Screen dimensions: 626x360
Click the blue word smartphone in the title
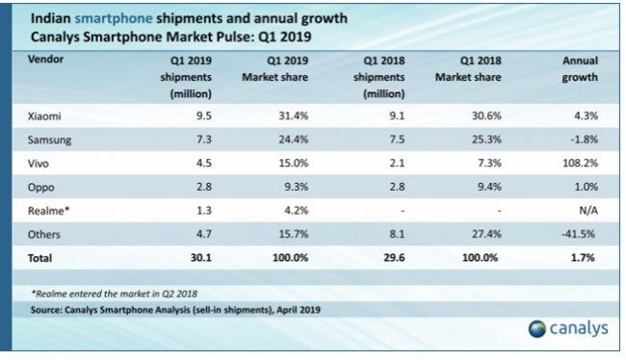(114, 18)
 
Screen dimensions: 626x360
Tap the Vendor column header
(45, 60)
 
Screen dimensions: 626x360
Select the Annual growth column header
(580, 68)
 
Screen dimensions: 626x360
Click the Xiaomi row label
(44, 116)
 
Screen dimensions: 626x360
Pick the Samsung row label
(49, 141)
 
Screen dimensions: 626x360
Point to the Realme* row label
(48, 211)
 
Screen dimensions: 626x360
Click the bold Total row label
(39, 258)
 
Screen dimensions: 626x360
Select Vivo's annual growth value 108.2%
(580, 164)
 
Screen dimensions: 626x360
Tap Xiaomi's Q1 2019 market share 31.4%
(294, 116)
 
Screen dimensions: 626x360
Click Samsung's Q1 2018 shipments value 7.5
(397, 140)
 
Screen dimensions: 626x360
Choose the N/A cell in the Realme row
(588, 211)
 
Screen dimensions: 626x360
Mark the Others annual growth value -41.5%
(579, 234)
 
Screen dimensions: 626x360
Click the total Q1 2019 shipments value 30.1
(201, 258)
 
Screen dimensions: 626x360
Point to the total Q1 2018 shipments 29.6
(394, 258)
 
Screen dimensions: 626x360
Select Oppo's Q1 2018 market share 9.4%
(489, 187)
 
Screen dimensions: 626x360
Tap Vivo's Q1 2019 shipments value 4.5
(204, 164)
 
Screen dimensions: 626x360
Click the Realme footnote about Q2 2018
(115, 295)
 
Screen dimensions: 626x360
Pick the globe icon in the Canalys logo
(537, 329)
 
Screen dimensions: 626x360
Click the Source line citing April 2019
(175, 310)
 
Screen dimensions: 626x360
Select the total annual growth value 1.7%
(583, 258)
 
